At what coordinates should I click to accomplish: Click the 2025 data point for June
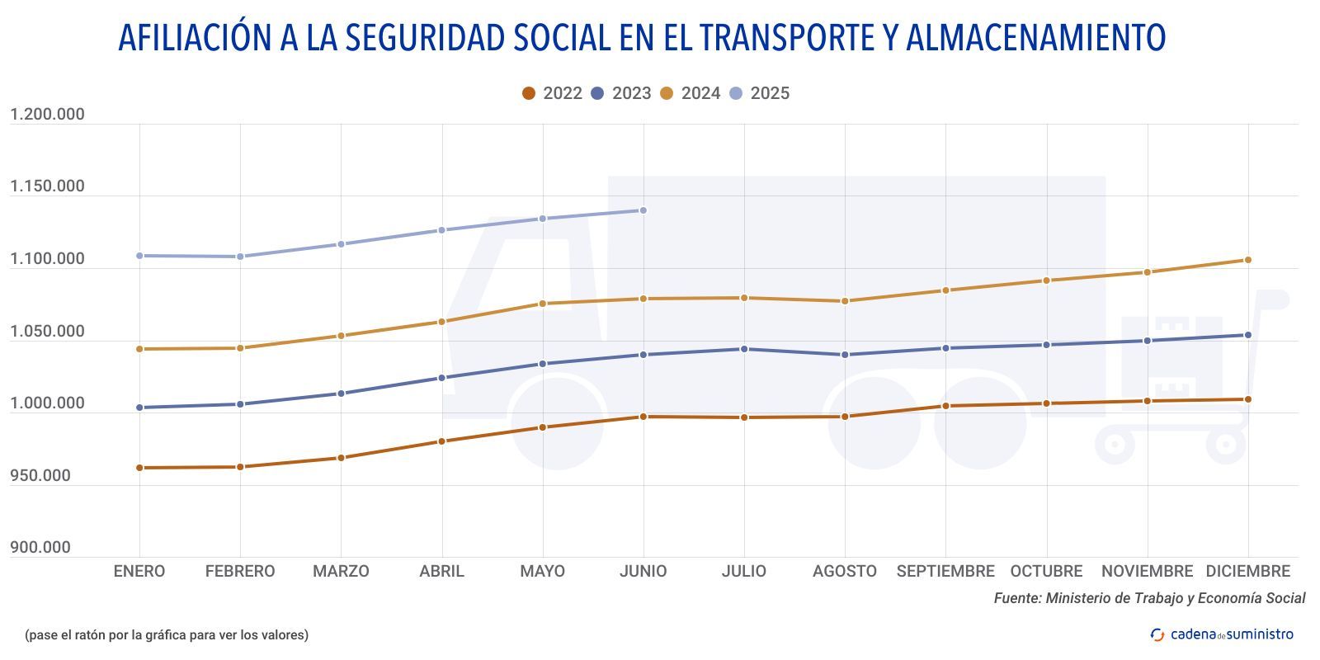pos(643,210)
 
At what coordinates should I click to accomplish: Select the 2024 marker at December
pos(1247,260)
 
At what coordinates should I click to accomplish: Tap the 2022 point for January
pos(139,468)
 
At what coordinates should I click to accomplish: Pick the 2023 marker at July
pos(744,349)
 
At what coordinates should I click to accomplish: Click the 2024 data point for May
pos(542,304)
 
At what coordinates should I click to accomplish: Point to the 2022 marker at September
pos(945,406)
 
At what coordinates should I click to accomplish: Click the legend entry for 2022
pos(552,93)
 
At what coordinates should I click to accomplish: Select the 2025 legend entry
pos(760,93)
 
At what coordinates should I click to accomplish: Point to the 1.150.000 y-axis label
pos(47,186)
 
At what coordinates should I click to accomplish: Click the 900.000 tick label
pos(40,548)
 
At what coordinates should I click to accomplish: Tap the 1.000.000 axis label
pos(47,403)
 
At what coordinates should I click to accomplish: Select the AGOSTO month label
pos(844,571)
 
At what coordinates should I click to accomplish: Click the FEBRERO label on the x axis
pos(240,571)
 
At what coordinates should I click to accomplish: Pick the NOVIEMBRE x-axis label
pos(1147,571)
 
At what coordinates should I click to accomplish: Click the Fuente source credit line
pos(1149,598)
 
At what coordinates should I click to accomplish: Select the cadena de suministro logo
pos(1222,634)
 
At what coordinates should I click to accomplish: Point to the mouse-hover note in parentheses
pos(167,634)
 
